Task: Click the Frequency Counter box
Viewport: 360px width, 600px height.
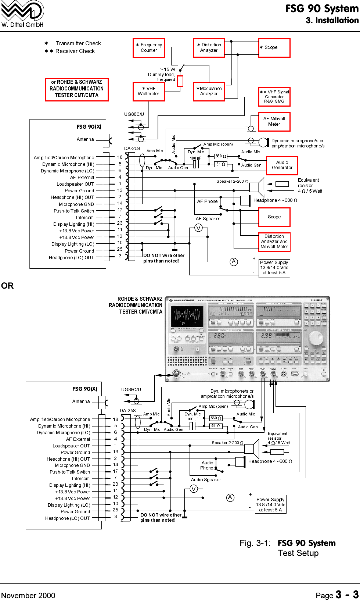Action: click(149, 48)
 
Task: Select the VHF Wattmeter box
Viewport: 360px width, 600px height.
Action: click(149, 91)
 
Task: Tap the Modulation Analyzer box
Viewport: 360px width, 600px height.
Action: click(209, 91)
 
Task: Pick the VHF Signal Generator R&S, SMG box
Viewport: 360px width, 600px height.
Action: click(274, 97)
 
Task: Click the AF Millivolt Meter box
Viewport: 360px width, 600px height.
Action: click(274, 122)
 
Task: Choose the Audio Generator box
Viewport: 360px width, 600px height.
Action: click(282, 165)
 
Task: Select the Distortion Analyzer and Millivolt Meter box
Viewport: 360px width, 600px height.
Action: click(274, 242)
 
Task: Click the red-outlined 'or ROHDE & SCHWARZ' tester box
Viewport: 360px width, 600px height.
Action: click(77, 89)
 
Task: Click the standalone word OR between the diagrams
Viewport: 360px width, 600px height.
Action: click(7, 286)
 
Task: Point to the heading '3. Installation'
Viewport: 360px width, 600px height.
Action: click(332, 20)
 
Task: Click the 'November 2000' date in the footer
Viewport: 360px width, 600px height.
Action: click(28, 595)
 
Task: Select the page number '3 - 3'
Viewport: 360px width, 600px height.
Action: click(347, 594)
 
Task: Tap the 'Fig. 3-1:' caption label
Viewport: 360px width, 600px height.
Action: click(255, 543)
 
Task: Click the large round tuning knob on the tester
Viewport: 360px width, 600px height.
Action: click(316, 337)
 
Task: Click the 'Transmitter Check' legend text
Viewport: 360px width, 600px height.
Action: click(78, 43)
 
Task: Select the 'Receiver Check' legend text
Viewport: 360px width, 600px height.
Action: click(75, 51)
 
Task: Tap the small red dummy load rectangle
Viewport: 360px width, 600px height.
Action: click(180, 81)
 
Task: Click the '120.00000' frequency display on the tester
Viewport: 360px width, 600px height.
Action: click(231, 310)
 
